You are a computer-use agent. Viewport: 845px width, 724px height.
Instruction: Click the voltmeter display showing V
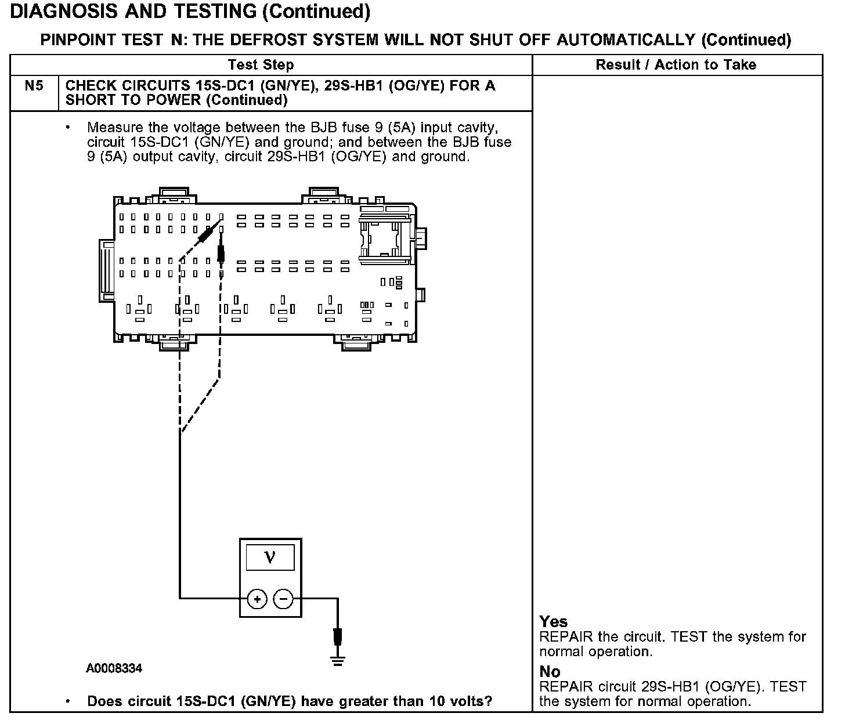tap(270, 558)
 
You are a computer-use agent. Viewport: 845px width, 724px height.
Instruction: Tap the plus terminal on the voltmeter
tap(257, 598)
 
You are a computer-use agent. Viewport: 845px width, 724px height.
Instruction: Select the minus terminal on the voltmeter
tap(284, 598)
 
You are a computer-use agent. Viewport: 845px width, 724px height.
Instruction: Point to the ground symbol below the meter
tap(338, 660)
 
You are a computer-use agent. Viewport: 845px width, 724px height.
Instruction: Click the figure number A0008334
tap(114, 669)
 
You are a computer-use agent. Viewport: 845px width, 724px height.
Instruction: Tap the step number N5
tap(34, 86)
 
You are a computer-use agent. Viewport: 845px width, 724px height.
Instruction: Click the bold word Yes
tap(554, 622)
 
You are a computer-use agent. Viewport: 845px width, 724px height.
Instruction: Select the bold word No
tap(550, 672)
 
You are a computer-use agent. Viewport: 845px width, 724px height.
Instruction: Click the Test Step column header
tap(261, 65)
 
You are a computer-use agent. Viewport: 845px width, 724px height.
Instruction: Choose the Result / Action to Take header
tap(676, 65)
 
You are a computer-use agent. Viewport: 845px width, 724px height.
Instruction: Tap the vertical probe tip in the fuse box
tap(221, 253)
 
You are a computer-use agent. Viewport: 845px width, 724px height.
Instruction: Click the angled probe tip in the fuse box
tap(206, 235)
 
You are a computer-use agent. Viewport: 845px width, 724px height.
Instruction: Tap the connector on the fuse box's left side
tap(106, 269)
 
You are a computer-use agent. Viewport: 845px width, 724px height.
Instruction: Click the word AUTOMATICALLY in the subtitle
tap(626, 40)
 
